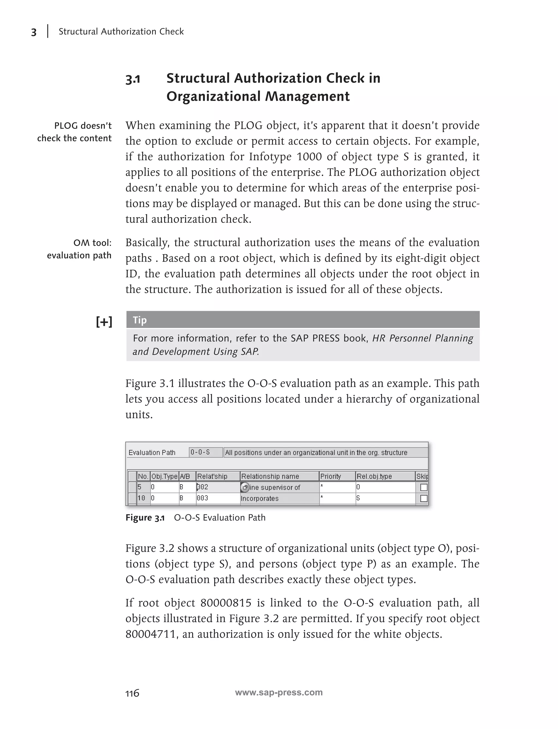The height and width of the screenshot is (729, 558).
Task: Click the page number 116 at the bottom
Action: (x=132, y=693)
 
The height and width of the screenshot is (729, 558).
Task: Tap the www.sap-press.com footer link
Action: (x=279, y=692)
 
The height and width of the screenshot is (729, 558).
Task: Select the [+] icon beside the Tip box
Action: (x=104, y=321)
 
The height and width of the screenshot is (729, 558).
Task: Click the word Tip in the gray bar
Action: (x=140, y=320)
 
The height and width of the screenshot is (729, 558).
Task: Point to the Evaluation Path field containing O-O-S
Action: (x=206, y=452)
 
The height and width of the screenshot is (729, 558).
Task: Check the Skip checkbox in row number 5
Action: (x=423, y=487)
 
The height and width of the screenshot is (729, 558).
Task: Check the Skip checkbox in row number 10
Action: (x=423, y=498)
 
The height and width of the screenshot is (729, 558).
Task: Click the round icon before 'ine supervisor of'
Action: (x=245, y=487)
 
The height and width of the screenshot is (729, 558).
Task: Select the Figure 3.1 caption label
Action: (x=145, y=518)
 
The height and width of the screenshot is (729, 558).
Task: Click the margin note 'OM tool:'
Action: (x=92, y=243)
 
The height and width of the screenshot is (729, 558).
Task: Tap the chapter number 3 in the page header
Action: (x=34, y=32)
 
